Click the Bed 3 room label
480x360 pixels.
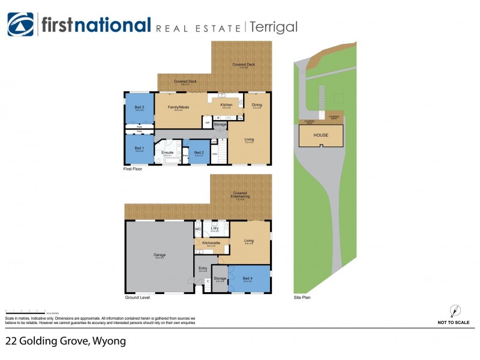pos(139,107)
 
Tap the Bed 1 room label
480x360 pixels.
pos(139,148)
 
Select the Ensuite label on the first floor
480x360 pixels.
pos(168,152)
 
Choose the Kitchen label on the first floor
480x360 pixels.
pos(226,105)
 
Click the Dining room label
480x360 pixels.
pos(257,105)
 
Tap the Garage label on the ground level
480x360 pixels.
pos(159,254)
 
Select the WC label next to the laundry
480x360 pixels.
pos(198,229)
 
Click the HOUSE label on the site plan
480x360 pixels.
pos(321,135)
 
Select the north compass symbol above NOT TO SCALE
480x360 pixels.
pos(454,311)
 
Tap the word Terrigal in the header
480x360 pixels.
pos(273,27)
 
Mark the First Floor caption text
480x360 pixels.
pos(134,169)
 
